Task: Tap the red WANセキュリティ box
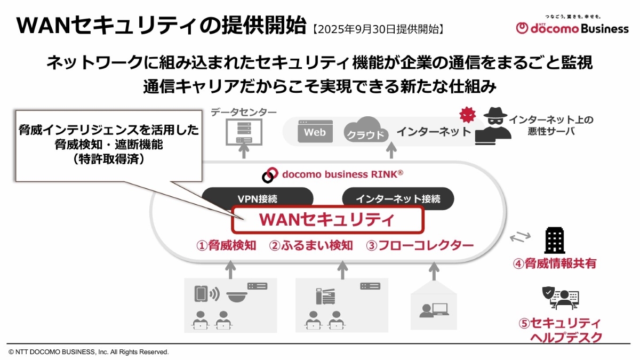tap(327, 219)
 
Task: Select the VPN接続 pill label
tap(258, 198)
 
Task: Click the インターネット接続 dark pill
tap(398, 198)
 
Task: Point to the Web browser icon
tap(315, 131)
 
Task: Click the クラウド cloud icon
tap(366, 130)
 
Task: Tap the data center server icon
tap(244, 132)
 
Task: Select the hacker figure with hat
tap(493, 126)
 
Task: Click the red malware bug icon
tap(468, 114)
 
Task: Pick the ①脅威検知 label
tap(226, 245)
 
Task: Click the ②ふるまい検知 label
tap(311, 245)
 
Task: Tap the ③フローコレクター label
tap(420, 245)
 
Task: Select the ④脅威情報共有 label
tap(555, 263)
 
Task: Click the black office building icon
tap(555, 241)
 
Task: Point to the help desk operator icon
tap(561, 298)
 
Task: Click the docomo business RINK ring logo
tap(270, 174)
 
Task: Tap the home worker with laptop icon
tap(434, 310)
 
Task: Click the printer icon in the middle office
tap(325, 297)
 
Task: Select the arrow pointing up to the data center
tap(244, 151)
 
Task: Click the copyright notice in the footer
tap(89, 352)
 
